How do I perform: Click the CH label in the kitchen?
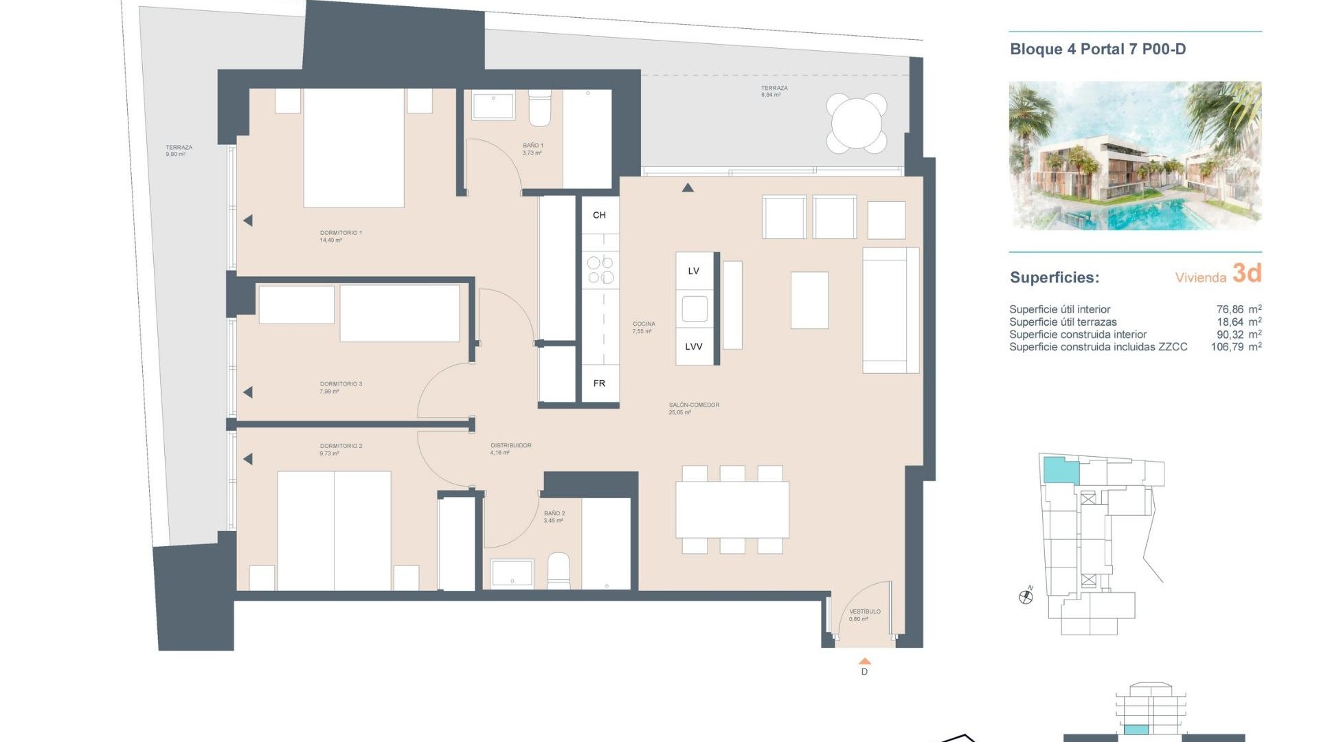pyautogui.click(x=599, y=215)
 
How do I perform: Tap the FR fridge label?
pyautogui.click(x=599, y=383)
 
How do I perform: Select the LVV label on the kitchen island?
pyautogui.click(x=694, y=346)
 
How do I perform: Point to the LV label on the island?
pyautogui.click(x=694, y=271)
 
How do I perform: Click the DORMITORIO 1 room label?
pyautogui.click(x=341, y=233)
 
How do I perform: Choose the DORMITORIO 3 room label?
pyautogui.click(x=341, y=384)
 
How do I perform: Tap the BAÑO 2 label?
pyautogui.click(x=554, y=513)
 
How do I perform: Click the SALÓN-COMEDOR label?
pyautogui.click(x=694, y=405)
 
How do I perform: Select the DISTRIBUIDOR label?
pyautogui.click(x=511, y=445)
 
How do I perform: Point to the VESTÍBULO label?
pyautogui.click(x=864, y=611)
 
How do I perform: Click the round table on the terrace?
pyautogui.click(x=856, y=124)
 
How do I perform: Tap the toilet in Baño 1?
pyautogui.click(x=540, y=109)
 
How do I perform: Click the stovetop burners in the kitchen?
pyautogui.click(x=600, y=269)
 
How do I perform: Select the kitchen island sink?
pyautogui.click(x=695, y=308)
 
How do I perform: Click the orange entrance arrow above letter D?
pyautogui.click(x=865, y=661)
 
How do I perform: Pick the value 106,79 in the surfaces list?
pyautogui.click(x=1227, y=347)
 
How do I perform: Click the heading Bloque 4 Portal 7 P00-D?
pyautogui.click(x=1098, y=49)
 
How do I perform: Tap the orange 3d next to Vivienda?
pyautogui.click(x=1247, y=273)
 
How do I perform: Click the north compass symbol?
pyautogui.click(x=1026, y=596)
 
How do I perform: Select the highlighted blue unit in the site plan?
pyautogui.click(x=1061, y=471)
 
